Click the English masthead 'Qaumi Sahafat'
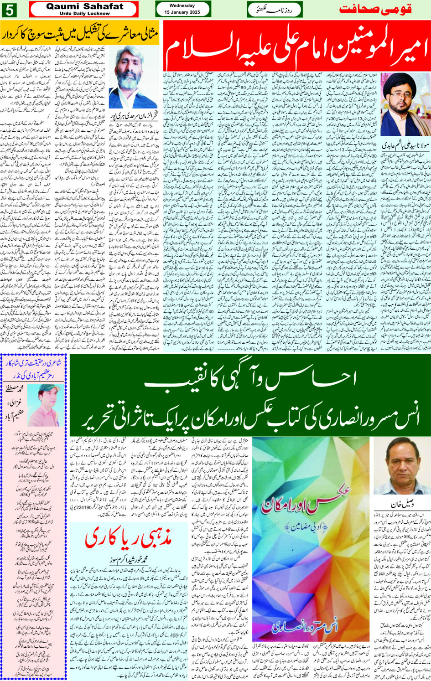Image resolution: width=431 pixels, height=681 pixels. [85, 6]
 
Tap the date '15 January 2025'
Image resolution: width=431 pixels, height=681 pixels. [182, 12]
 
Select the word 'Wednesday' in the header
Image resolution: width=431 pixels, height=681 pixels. [182, 6]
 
